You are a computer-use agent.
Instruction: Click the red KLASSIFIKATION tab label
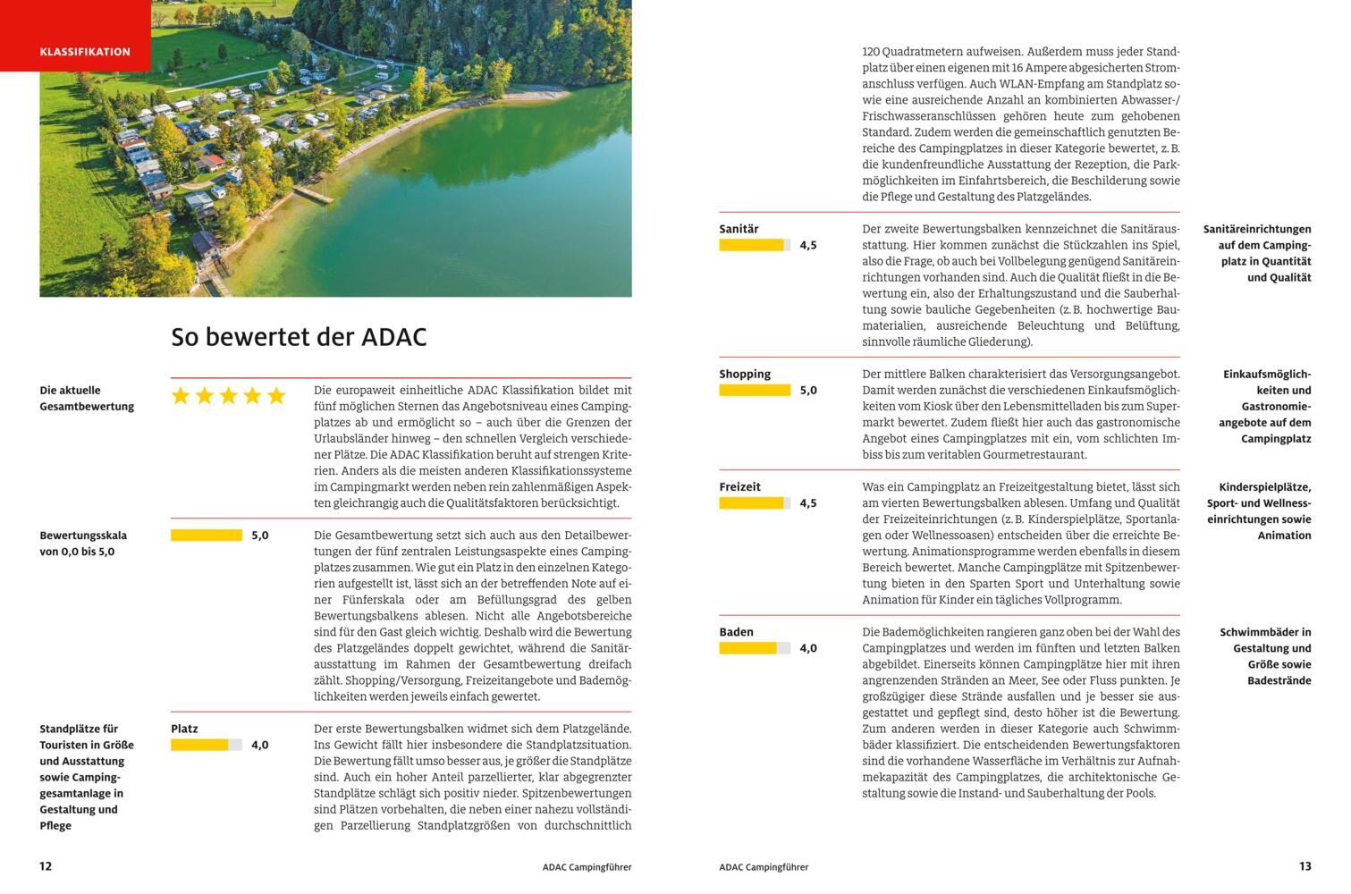click(85, 52)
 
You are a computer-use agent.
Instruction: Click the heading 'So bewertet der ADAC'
click(299, 337)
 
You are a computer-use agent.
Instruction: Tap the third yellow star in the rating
click(228, 396)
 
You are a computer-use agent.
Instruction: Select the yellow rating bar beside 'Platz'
click(206, 745)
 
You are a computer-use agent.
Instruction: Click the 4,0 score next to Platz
click(259, 745)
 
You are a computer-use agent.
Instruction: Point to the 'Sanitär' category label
click(739, 229)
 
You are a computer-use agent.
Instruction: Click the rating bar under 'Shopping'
click(755, 391)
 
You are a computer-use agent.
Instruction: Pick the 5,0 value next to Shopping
click(808, 391)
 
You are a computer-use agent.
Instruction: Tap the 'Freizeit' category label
click(739, 487)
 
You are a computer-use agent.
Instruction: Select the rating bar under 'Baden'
click(755, 648)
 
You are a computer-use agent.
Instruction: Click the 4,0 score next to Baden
click(808, 648)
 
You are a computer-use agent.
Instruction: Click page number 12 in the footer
click(46, 866)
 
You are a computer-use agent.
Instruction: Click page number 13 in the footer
click(1305, 866)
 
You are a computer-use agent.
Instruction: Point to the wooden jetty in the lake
click(313, 192)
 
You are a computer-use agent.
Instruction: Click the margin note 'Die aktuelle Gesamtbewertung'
click(87, 399)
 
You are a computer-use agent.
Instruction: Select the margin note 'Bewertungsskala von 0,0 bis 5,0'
click(83, 544)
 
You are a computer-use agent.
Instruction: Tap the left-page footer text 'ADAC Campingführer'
click(587, 867)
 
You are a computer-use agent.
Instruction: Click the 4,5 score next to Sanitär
click(808, 245)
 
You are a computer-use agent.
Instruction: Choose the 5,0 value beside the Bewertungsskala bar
click(259, 536)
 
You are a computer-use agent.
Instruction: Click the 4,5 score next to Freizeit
click(808, 503)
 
